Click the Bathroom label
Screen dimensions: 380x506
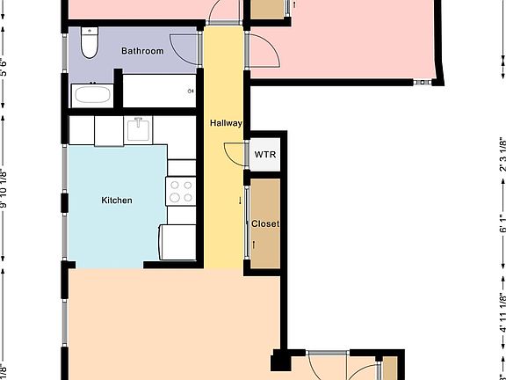coord(142,51)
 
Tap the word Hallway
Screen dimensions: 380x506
coord(225,123)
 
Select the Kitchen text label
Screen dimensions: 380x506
coord(117,201)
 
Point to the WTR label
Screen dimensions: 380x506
coord(265,155)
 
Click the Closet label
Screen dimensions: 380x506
coord(264,224)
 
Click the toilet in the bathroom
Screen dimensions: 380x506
coord(89,43)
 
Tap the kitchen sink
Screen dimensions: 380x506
coord(138,130)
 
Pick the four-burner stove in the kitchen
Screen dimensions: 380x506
coord(180,191)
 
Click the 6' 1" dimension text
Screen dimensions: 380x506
coord(502,220)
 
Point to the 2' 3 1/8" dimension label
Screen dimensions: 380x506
coord(502,156)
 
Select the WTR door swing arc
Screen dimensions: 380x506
coord(235,155)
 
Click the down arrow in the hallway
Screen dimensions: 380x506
coord(240,201)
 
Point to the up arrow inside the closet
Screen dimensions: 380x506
coord(254,243)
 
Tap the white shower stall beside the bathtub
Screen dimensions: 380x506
coord(159,90)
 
